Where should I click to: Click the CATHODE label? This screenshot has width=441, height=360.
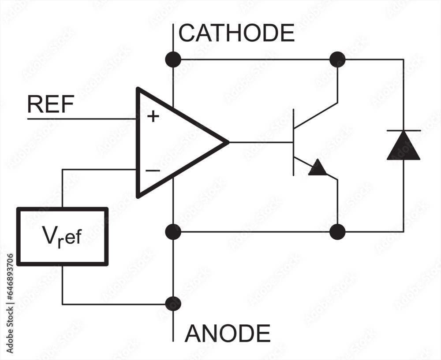[236, 33]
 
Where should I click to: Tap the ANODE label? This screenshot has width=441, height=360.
[227, 334]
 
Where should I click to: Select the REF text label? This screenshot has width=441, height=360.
[50, 104]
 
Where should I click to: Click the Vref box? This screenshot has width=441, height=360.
[62, 237]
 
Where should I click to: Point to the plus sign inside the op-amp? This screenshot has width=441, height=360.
[153, 117]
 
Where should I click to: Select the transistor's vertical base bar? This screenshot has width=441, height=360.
[294, 142]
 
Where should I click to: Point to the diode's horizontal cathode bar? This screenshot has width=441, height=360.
[403, 130]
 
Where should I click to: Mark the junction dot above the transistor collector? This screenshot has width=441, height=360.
[337, 59]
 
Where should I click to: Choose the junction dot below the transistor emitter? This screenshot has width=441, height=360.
[337, 231]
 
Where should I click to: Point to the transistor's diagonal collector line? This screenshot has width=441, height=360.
[316, 115]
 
